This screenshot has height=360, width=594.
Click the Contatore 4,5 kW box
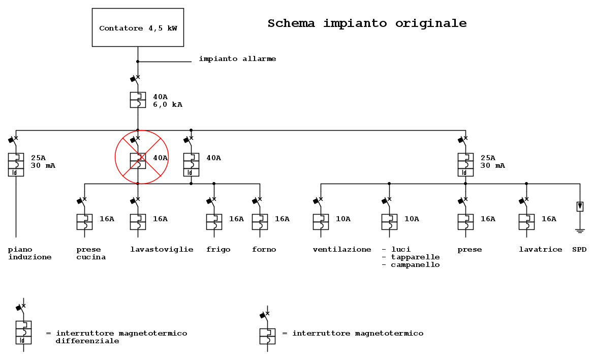point(138,27)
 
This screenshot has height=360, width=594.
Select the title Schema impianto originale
point(367,23)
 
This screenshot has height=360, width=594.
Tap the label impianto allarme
point(237,59)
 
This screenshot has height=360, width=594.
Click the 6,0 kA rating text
point(168,105)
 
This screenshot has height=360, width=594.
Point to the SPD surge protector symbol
point(580,206)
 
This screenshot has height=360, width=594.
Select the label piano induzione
point(29,254)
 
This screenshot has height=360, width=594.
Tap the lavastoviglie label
point(162,249)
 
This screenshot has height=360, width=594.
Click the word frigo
point(218,250)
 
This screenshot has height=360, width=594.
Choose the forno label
point(264,249)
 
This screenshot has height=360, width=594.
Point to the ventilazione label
point(341,249)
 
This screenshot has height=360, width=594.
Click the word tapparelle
point(415,257)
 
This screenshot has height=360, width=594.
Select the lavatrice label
point(540,249)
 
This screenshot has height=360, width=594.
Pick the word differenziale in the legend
point(87,341)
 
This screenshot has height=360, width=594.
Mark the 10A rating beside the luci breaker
point(412,219)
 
